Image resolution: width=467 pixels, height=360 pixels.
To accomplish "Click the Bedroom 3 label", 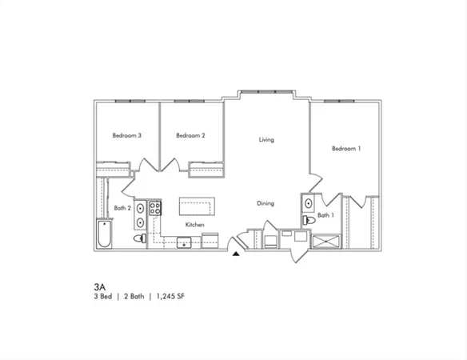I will tap(126, 136).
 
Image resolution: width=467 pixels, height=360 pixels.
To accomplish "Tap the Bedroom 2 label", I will tap(190, 136).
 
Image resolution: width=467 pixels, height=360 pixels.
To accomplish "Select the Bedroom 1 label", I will tap(346, 148).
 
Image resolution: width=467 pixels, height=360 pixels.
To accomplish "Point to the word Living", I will tap(266, 140).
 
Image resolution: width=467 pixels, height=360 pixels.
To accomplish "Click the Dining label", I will tap(265, 203).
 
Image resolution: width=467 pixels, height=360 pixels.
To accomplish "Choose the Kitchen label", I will tap(195, 225).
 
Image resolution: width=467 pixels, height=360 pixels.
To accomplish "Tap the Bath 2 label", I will tap(122, 208).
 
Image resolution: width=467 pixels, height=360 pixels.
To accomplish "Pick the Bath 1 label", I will tap(325, 215).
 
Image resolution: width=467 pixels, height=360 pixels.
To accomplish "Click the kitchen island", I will tap(198, 206).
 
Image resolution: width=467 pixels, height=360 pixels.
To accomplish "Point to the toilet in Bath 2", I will tap(139, 238).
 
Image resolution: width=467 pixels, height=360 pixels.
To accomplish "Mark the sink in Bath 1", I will tap(306, 203).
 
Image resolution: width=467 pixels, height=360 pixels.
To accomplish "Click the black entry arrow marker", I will tap(235, 255).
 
